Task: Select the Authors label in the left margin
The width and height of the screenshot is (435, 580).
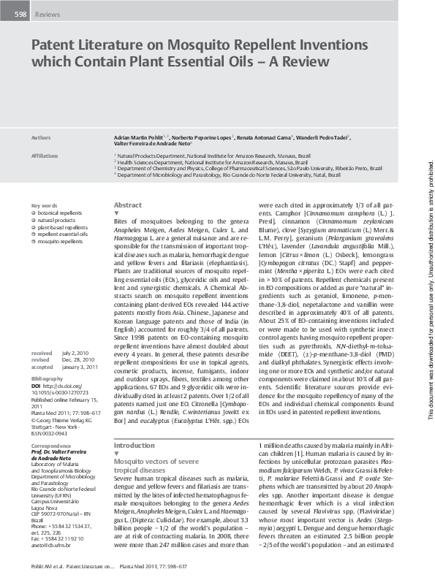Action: [42, 137]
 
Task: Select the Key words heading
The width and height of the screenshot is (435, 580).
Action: [44, 206]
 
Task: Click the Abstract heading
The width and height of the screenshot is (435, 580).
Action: [128, 206]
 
